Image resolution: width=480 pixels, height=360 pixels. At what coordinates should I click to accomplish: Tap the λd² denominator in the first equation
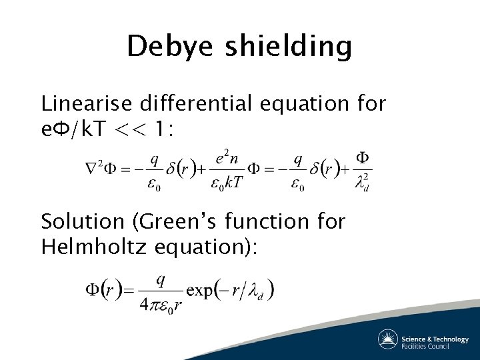point(363,181)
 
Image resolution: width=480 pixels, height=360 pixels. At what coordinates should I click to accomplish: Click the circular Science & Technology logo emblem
point(388,339)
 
